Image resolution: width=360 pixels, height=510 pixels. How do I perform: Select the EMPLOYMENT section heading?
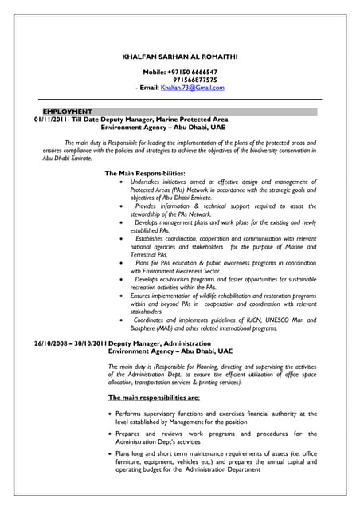(x=68, y=111)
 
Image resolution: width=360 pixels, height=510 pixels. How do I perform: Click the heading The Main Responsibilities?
(x=145, y=173)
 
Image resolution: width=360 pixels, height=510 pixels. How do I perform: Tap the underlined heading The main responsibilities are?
(x=154, y=397)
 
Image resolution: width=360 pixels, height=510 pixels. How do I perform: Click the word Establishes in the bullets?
(x=155, y=238)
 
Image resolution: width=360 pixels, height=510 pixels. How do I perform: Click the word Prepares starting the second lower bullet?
(x=131, y=433)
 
